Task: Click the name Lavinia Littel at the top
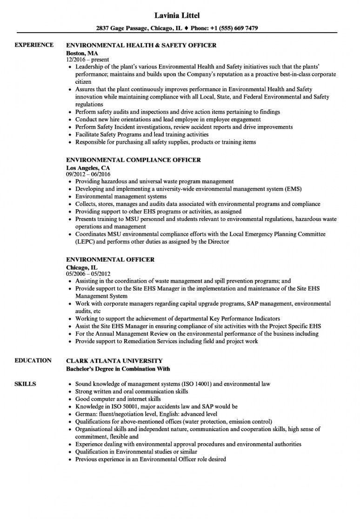pyautogui.click(x=180, y=15)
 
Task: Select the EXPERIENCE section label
pyautogui.click(x=33, y=45)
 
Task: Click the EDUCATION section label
pyautogui.click(x=33, y=360)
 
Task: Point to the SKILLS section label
pyautogui.click(x=26, y=384)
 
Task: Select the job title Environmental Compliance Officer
pyautogui.click(x=133, y=160)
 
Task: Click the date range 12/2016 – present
pyautogui.click(x=87, y=60)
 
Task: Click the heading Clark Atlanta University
pyautogui.click(x=114, y=360)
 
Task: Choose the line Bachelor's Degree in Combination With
pyautogui.click(x=118, y=369)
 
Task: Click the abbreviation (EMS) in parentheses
pyautogui.click(x=292, y=189)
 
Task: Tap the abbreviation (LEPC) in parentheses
pyautogui.click(x=86, y=241)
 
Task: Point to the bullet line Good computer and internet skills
pyautogui.click(x=118, y=399)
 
